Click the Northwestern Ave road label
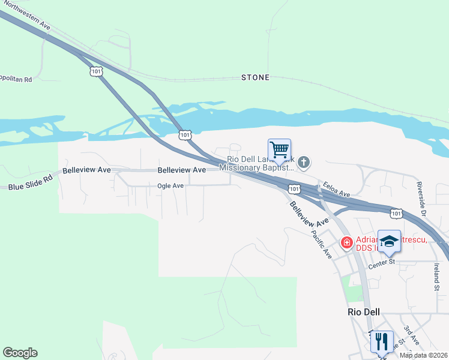point(25,13)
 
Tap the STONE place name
point(255,77)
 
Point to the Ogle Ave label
point(170,186)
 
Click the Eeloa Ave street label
point(336,189)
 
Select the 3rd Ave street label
point(411,335)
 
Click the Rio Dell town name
point(366,312)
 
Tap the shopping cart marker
point(279,149)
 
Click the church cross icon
point(304,161)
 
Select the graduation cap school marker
point(389,241)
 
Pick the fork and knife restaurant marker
point(382,342)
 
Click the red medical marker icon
point(346,242)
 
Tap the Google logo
point(20,353)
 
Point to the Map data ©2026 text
point(423,355)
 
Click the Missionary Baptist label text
point(259,168)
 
